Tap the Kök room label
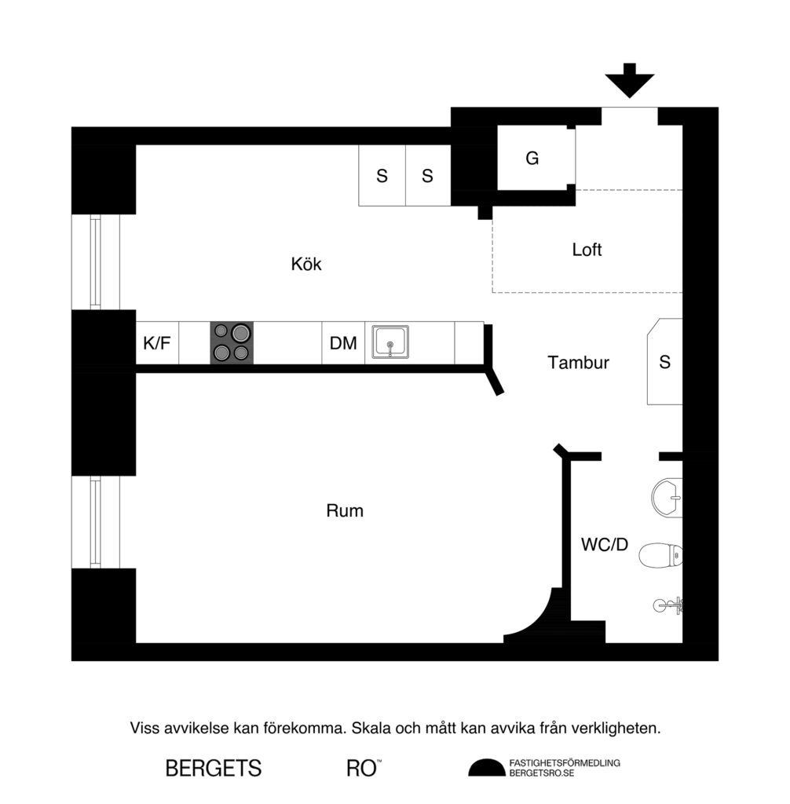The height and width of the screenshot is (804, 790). tap(306, 265)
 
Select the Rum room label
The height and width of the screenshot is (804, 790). tap(345, 511)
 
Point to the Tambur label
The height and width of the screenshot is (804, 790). tap(579, 363)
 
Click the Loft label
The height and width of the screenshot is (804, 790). tap(587, 250)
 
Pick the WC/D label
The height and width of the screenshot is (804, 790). tap(605, 545)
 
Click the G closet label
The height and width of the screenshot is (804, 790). tap(532, 159)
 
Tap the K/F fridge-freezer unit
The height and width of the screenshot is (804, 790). tap(157, 343)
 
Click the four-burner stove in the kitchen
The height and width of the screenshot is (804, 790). tap(232, 343)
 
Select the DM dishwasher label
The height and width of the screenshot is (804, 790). tap(343, 343)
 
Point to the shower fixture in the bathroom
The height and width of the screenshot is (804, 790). tap(670, 605)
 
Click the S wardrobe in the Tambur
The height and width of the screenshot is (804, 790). tap(664, 362)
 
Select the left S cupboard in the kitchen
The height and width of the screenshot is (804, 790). tap(382, 176)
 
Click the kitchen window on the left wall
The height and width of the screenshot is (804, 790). tap(95, 262)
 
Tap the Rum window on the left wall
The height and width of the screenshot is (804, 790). tap(95, 522)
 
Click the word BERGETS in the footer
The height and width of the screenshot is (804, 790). tap(213, 769)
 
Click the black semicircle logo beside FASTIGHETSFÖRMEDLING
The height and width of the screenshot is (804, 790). tap(487, 768)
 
